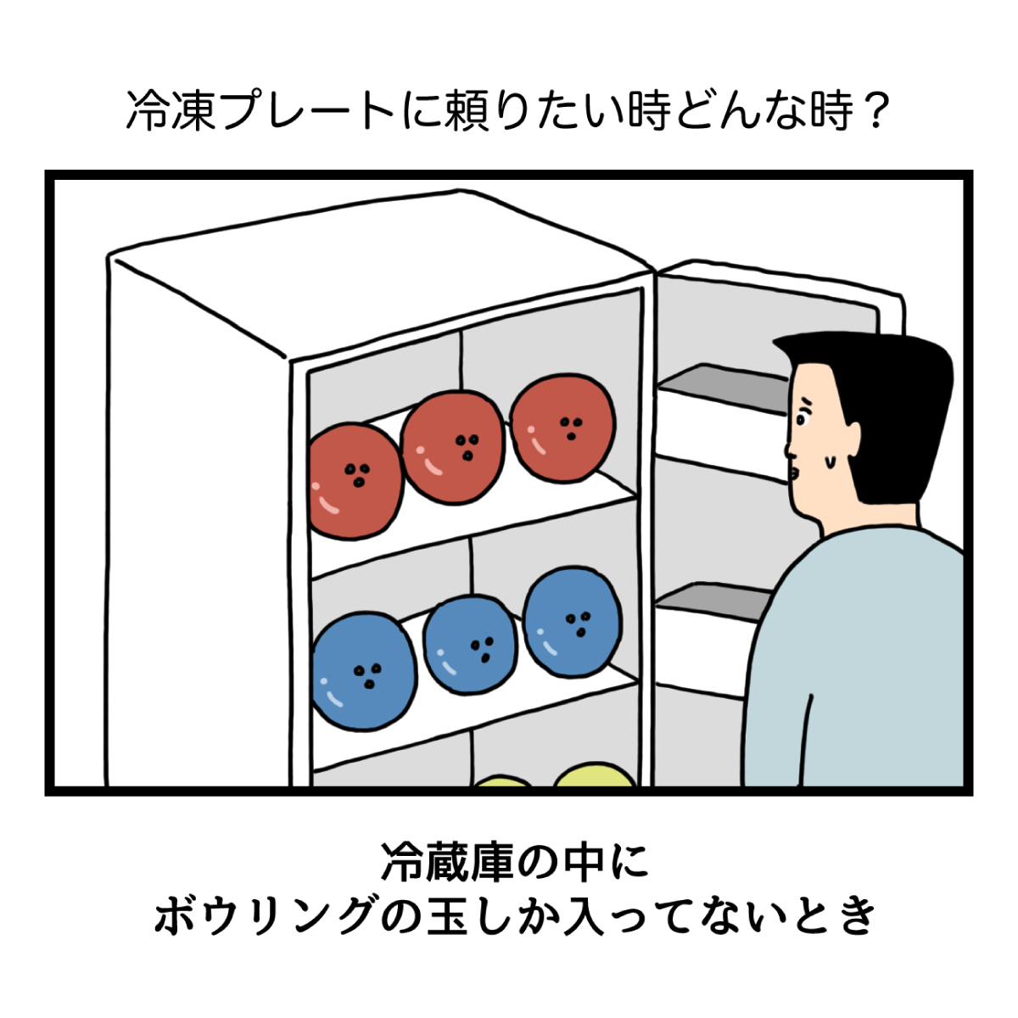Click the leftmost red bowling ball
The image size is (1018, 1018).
point(354,482)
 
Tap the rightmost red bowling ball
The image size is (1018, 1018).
point(562,428)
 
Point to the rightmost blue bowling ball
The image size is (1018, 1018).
point(572,622)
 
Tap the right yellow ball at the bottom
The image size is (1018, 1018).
point(595,775)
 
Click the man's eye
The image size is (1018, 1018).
point(802,418)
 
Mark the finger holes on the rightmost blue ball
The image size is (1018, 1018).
point(581,624)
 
